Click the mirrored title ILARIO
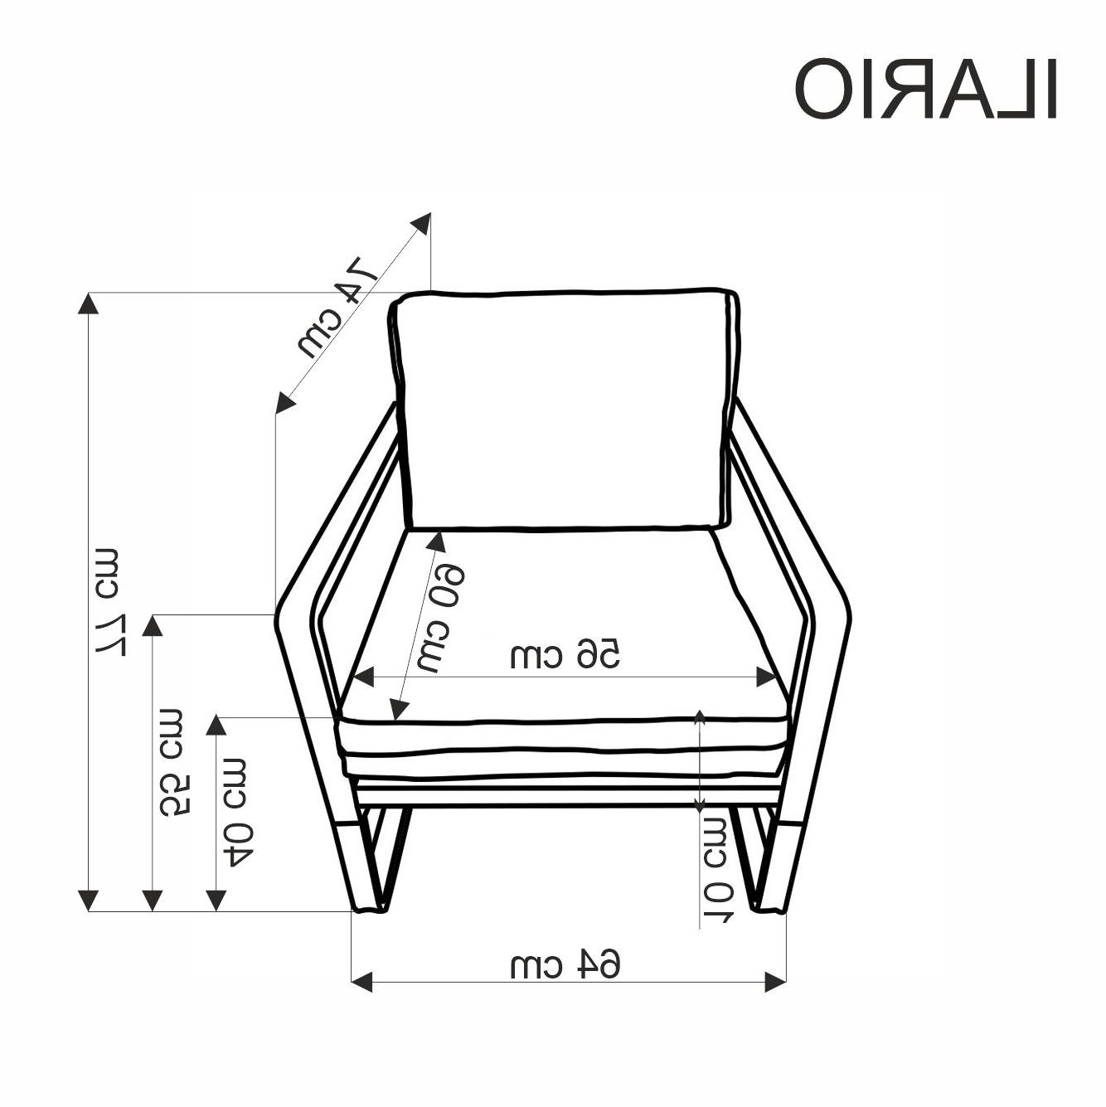click(x=925, y=89)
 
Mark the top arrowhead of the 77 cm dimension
click(x=88, y=303)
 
